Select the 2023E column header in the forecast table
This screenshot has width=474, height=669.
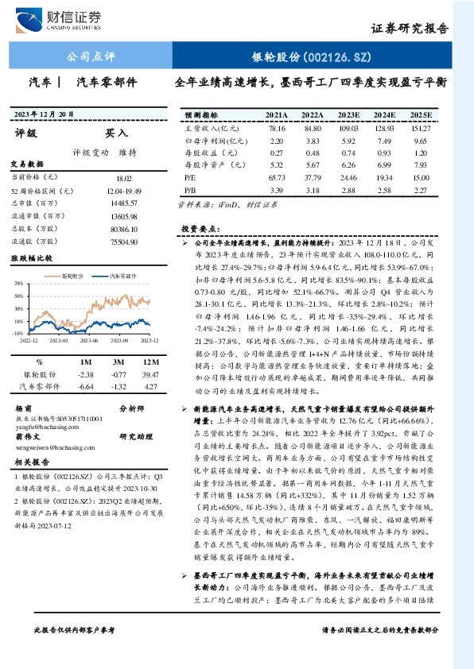point(349,114)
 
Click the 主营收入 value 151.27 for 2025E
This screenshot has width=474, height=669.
point(421,128)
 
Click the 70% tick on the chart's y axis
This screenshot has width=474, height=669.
point(17,283)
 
